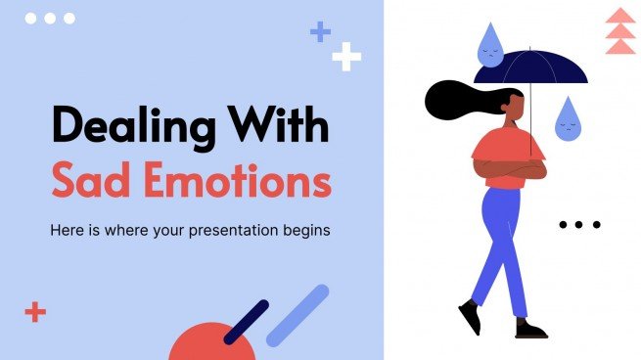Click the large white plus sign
[x=346, y=58]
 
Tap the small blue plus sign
[x=320, y=32]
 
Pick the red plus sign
[x=35, y=312]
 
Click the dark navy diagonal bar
[x=246, y=322]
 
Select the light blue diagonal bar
[x=298, y=316]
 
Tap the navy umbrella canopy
[x=531, y=69]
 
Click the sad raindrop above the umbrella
[x=488, y=45]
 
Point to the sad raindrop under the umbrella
[x=567, y=118]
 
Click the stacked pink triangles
[x=619, y=31]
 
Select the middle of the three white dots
[x=50, y=19]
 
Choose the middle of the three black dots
[x=579, y=224]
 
